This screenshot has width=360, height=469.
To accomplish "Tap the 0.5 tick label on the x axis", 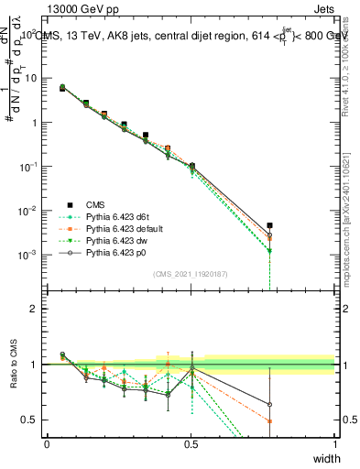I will [191, 443].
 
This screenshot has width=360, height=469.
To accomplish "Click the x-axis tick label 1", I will [334, 443].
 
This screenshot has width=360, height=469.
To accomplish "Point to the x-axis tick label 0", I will [48, 443].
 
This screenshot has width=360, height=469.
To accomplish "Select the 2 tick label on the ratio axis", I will [34, 309].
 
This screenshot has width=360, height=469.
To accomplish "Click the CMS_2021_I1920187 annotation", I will [190, 274].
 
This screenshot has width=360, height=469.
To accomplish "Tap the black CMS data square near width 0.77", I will [269, 224].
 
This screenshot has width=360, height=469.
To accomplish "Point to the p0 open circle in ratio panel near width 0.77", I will [269, 404].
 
